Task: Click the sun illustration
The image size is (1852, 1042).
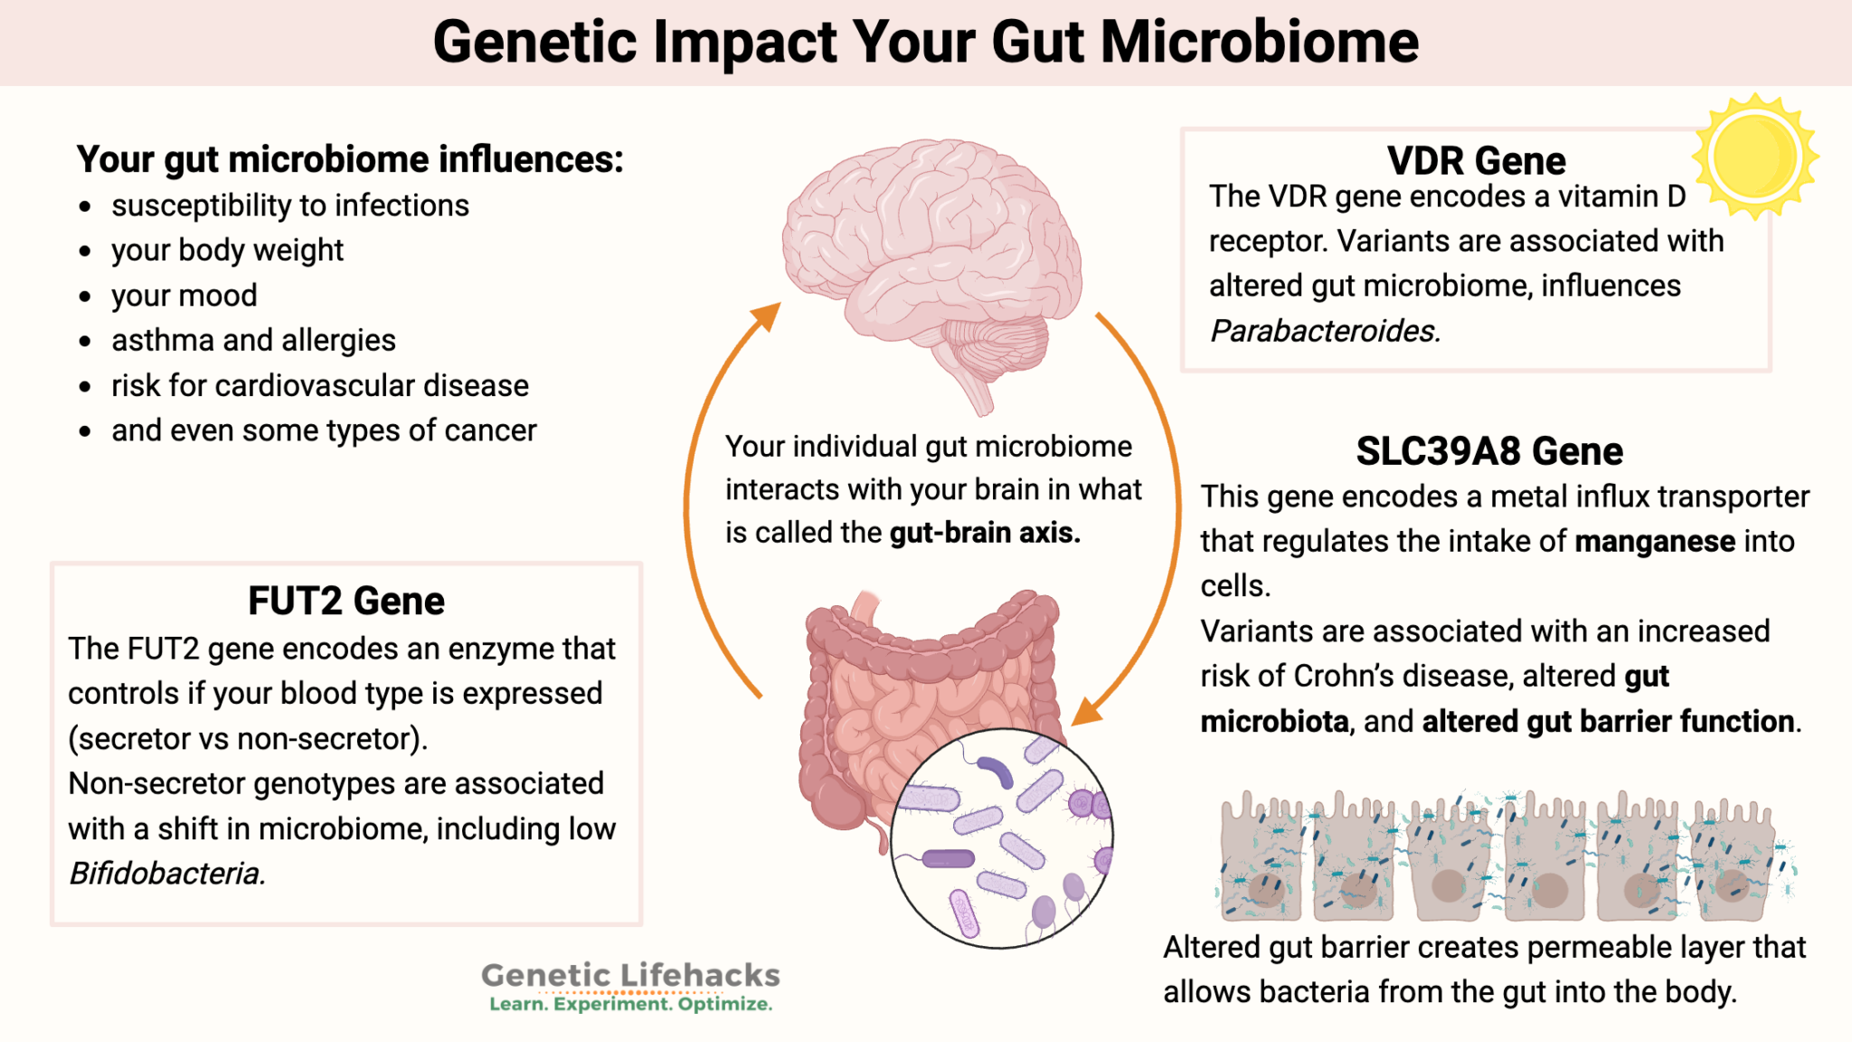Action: click(1754, 156)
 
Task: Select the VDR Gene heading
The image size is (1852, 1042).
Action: click(1476, 161)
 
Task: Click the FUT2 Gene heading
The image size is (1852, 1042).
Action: click(346, 602)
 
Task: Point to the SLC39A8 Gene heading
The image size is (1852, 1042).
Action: click(1489, 451)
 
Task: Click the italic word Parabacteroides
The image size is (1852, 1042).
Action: click(1324, 331)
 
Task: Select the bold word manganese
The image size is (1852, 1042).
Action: click(1655, 541)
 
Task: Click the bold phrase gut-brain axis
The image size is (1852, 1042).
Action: click(985, 533)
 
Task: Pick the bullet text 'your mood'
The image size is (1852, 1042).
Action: click(184, 296)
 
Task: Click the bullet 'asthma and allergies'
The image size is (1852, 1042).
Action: click(253, 340)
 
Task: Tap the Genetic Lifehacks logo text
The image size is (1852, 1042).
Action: click(630, 975)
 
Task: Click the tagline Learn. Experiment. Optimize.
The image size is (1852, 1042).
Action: click(630, 1004)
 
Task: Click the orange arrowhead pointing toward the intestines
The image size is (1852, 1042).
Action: click(1088, 712)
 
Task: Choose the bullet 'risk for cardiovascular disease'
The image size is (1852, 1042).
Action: click(320, 385)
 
